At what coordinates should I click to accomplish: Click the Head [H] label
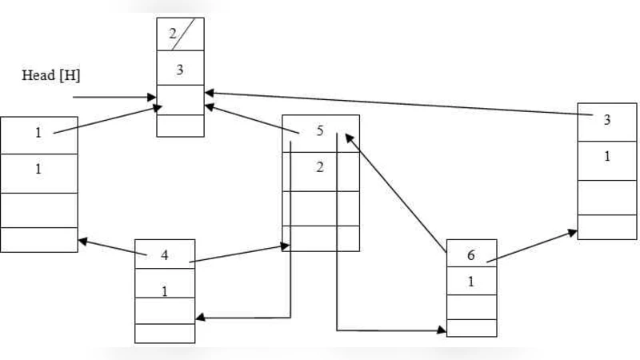(51, 75)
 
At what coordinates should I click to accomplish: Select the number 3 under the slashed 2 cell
(180, 70)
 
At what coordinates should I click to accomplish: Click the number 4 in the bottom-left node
(164, 256)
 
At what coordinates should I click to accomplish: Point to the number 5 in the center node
(319, 131)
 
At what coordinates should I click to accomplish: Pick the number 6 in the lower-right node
(471, 255)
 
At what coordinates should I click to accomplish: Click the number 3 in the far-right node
(606, 120)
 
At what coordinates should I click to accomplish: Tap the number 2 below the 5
(319, 167)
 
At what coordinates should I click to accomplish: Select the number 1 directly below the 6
(471, 282)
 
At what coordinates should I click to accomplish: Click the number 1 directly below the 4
(165, 290)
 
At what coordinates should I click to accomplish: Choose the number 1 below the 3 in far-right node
(606, 156)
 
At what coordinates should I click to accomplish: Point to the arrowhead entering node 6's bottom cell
(442, 330)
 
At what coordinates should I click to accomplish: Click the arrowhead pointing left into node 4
(201, 318)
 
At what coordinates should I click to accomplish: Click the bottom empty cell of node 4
(165, 333)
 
